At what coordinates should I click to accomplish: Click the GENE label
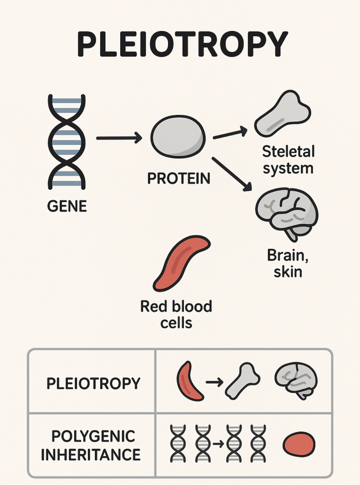67,206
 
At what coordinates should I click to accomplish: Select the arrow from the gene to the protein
119,138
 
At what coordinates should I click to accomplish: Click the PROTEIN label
179,178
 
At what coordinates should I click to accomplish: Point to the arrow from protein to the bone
230,133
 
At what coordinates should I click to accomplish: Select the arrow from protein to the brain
231,175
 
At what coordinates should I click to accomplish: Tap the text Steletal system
288,160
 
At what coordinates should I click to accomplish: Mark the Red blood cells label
176,314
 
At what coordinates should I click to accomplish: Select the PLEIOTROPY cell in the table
93,383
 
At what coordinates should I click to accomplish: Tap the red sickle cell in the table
189,381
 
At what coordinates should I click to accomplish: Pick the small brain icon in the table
296,381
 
